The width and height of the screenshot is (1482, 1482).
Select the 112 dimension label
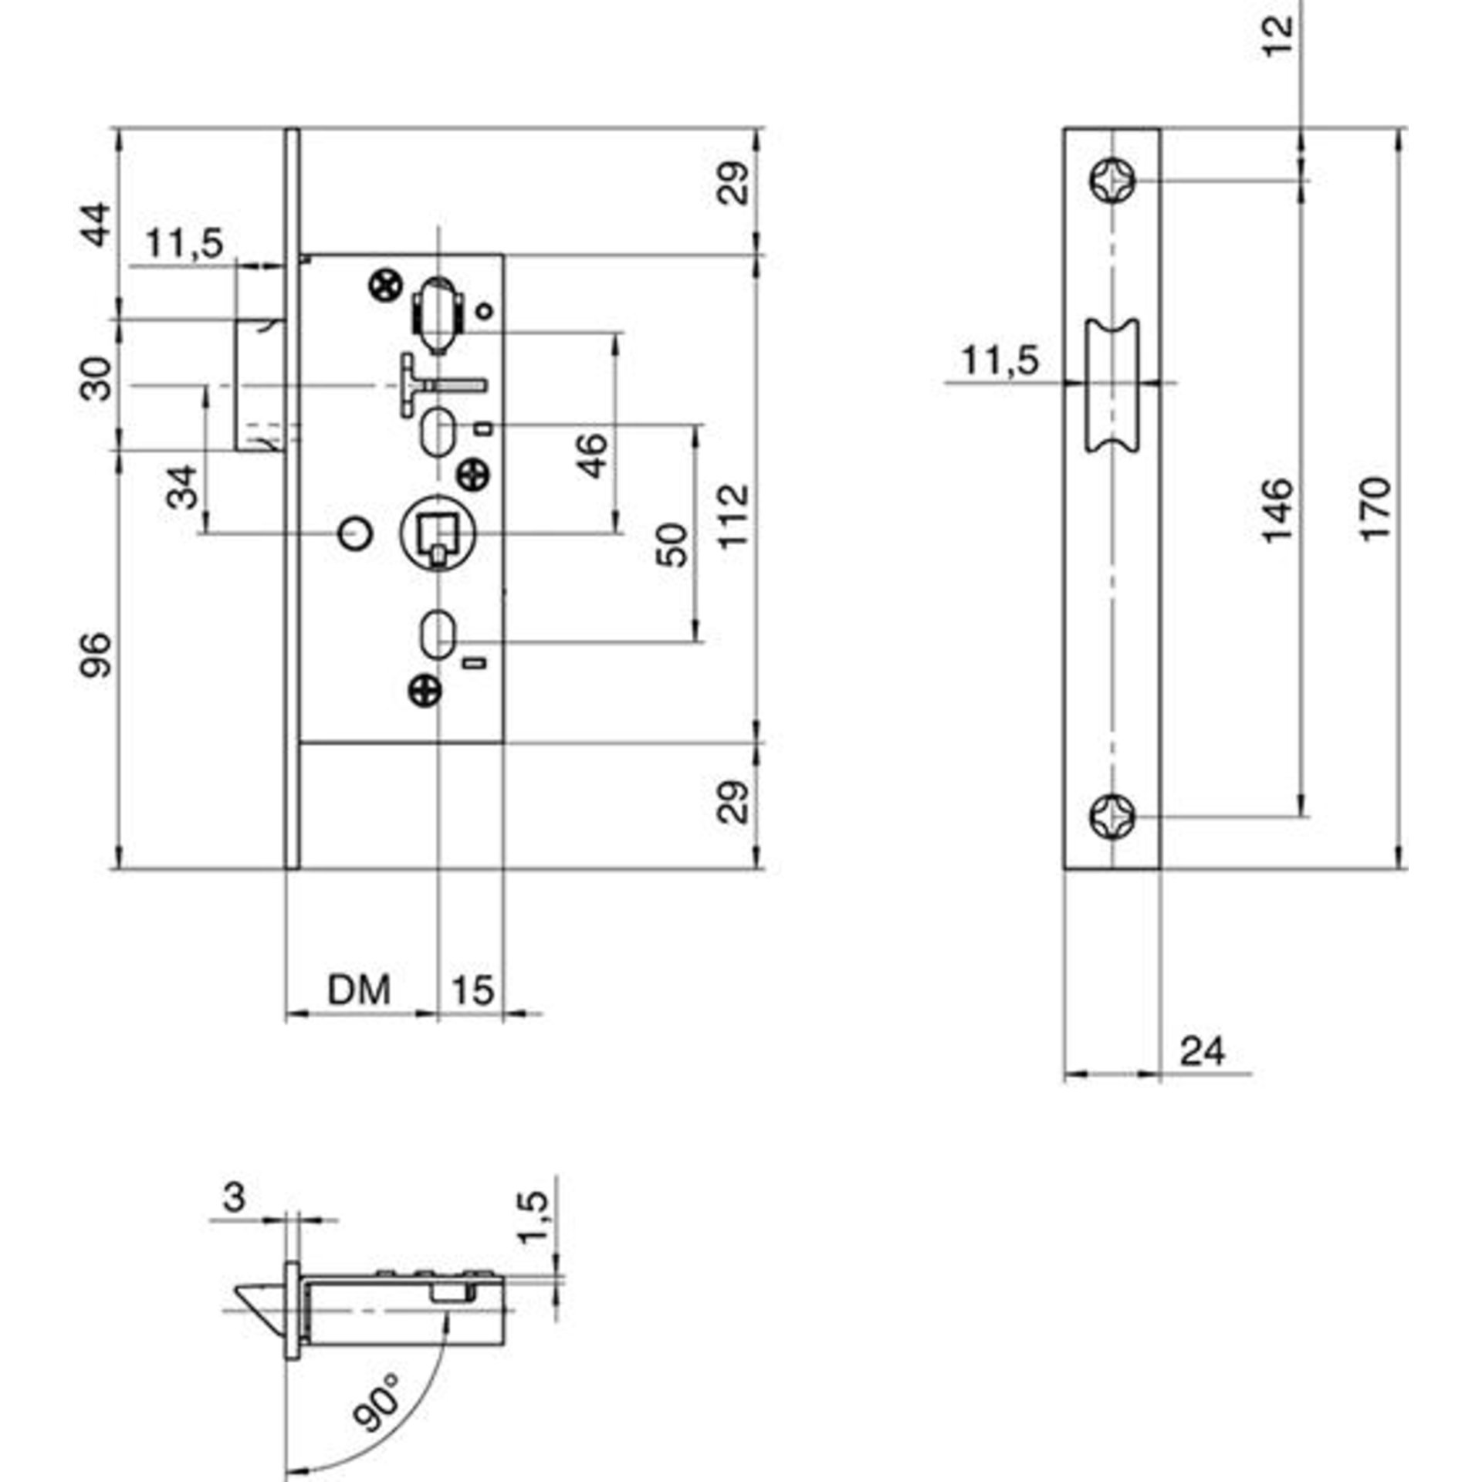tap(734, 514)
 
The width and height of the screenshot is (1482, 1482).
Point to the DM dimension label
tap(360, 990)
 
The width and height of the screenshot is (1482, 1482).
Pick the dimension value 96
tap(98, 655)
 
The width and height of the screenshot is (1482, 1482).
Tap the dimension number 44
tap(97, 225)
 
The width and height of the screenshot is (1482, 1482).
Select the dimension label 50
tap(674, 545)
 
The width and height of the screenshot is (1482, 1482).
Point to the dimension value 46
tap(593, 455)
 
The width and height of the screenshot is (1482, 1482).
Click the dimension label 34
tap(183, 487)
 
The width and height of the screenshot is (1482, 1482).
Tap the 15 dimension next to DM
tap(472, 990)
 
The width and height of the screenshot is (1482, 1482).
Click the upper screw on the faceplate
tap(1114, 181)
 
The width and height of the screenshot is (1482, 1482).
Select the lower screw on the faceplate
tap(1114, 816)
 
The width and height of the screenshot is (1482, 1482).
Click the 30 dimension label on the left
tap(98, 378)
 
